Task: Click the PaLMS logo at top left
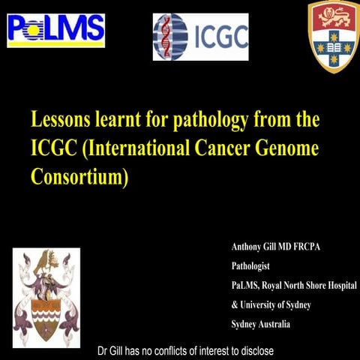coord(55,30)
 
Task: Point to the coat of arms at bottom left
coord(46,292)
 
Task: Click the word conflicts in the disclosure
coord(174,351)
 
